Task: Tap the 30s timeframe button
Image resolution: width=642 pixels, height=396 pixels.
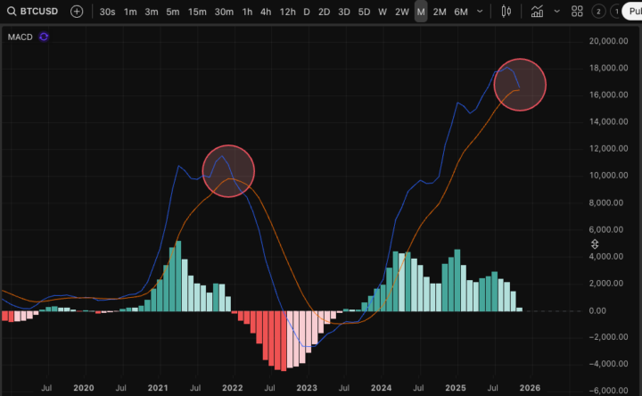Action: [x=107, y=12]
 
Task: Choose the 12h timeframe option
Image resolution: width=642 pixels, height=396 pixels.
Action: [x=287, y=12]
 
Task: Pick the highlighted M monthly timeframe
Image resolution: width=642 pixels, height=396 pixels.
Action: [x=421, y=12]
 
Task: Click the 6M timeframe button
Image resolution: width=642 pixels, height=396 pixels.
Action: [x=460, y=12]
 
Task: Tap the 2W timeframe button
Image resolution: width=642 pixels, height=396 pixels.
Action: [x=402, y=12]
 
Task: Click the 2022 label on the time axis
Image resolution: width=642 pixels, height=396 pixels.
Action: [x=232, y=388]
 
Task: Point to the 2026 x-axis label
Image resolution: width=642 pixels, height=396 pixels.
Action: [x=530, y=388]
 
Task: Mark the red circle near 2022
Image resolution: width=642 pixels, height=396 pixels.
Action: [x=229, y=170]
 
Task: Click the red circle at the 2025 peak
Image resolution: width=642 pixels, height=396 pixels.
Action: [x=519, y=85]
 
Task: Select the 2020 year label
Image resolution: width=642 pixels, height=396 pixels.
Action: [x=83, y=388]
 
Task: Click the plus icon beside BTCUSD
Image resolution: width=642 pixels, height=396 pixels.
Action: [x=77, y=12]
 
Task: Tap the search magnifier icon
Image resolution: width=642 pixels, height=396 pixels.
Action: [x=10, y=12]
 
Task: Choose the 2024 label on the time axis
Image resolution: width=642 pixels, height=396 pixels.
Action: [x=381, y=388]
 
